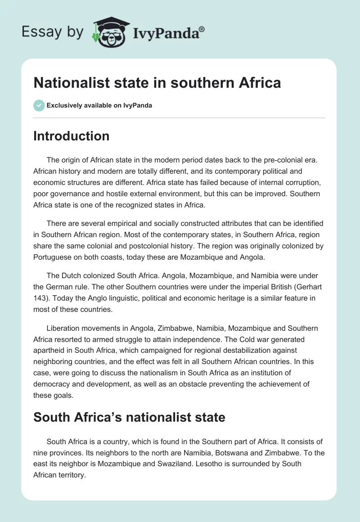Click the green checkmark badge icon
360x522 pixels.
coord(39,105)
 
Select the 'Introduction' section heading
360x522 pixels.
coord(71,136)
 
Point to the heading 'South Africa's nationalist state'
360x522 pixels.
coord(129,417)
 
